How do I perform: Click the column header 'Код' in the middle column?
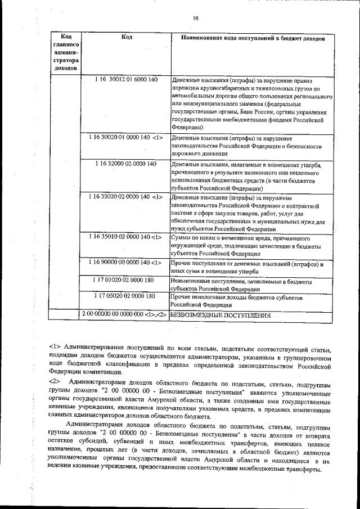pos(127,37)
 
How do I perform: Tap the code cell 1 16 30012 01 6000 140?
pos(126,80)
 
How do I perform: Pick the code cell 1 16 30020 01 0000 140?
pos(126,137)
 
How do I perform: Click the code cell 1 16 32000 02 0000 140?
pos(126,164)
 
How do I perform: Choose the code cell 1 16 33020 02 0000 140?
pos(126,197)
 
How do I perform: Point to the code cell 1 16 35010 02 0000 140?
pos(126,237)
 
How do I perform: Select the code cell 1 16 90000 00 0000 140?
pos(126,263)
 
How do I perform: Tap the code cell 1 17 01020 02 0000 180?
pos(126,280)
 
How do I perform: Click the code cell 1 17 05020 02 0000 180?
pos(126,296)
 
